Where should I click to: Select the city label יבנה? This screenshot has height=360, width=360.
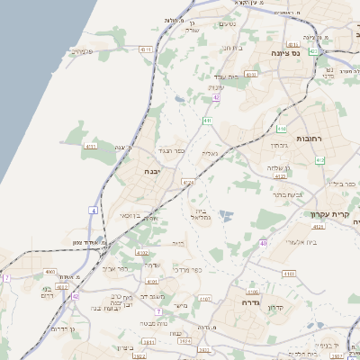point(150,170)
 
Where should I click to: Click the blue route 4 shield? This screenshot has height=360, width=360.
point(93,210)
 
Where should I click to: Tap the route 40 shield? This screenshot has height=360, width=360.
point(263,243)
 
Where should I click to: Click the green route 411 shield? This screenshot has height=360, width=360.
point(208,119)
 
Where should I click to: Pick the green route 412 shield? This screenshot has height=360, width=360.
point(319,160)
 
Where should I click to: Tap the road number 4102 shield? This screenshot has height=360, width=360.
point(142,254)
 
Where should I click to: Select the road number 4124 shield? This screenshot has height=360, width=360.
point(187,183)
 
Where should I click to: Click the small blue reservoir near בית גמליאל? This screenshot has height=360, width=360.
point(225,215)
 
